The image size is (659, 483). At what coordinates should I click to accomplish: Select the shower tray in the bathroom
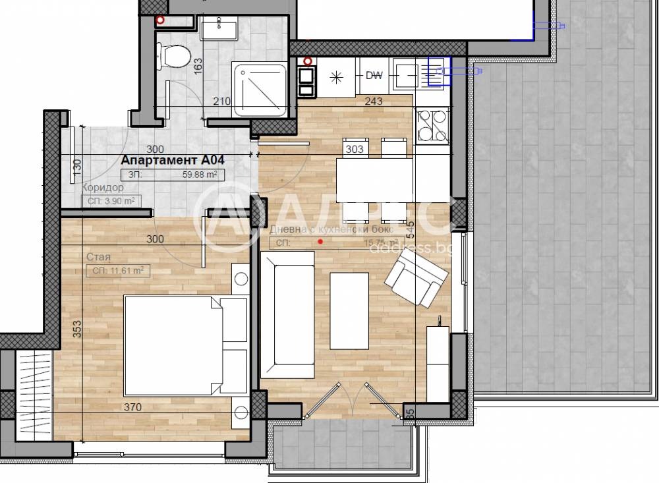[x=260, y=89]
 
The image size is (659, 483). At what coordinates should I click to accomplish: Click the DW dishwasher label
[x=374, y=75]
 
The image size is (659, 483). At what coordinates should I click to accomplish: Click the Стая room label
[x=98, y=257]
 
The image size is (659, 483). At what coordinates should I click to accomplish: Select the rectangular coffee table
[x=349, y=311]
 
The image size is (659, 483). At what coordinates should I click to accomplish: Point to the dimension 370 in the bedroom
[x=132, y=408]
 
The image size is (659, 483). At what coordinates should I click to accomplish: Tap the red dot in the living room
[x=320, y=242]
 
